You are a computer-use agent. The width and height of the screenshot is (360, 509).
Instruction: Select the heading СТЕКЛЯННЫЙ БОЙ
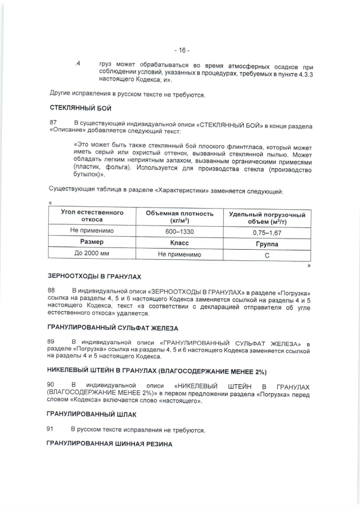[80, 108]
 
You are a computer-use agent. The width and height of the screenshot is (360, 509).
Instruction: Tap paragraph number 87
[53, 123]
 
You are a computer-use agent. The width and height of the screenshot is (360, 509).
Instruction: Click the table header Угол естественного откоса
[92, 217]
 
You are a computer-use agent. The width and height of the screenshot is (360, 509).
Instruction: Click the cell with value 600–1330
[179, 231]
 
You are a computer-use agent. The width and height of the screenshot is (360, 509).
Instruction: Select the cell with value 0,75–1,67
[267, 232]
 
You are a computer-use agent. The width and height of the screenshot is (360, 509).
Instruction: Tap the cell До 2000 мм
[92, 254]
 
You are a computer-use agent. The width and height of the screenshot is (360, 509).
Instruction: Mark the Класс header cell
[179, 243]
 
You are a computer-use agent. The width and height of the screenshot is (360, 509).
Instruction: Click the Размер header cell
[92, 242]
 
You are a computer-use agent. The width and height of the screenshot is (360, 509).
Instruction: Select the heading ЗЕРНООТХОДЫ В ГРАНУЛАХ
[95, 277]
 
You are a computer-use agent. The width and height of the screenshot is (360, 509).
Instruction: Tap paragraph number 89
[53, 342]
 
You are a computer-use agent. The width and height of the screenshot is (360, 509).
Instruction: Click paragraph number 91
[53, 430]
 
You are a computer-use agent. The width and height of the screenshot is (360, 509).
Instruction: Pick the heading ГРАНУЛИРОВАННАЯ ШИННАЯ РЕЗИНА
[111, 444]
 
